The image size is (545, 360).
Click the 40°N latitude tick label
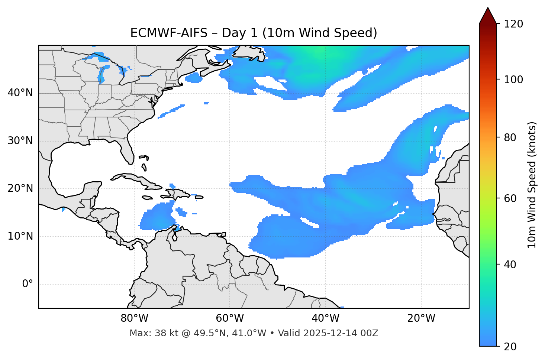point(20,93)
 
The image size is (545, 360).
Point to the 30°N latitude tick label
point(20,141)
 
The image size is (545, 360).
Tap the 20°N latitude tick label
point(20,188)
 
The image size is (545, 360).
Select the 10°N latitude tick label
point(20,236)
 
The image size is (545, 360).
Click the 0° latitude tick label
point(28,284)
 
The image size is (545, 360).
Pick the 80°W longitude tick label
point(134,318)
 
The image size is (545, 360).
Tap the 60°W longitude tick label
point(230,318)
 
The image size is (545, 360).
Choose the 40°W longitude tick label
point(325,318)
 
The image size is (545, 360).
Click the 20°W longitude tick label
point(421,318)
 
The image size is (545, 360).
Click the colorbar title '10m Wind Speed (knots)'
point(532,185)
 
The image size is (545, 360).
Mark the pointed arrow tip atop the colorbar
point(488,8)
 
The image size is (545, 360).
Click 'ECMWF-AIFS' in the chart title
point(169,33)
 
